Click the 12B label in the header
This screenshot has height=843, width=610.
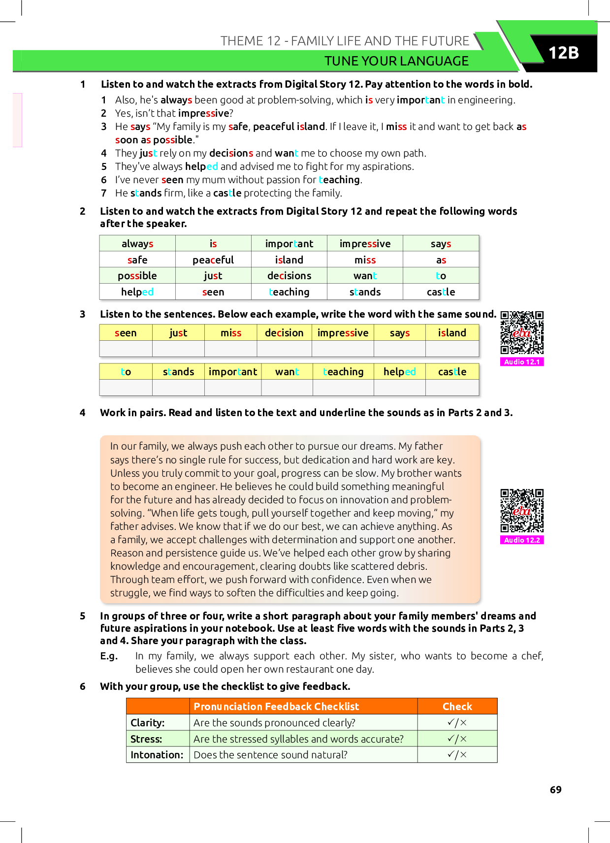[563, 53]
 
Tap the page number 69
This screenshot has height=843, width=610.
[555, 789]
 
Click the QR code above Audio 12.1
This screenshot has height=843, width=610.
[522, 333]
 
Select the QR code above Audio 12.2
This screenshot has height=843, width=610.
[522, 511]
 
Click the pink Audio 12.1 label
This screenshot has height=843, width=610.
[522, 362]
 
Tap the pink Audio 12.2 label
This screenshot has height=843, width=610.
[522, 540]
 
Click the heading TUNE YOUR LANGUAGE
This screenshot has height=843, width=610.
[397, 61]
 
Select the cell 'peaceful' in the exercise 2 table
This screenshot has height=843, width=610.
[213, 259]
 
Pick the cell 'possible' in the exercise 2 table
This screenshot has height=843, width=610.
[137, 275]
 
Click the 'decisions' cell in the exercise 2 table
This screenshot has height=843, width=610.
[289, 275]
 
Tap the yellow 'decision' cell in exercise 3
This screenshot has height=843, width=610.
[284, 333]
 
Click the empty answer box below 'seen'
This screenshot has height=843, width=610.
[126, 349]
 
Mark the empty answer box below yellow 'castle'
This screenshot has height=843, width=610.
[452, 387]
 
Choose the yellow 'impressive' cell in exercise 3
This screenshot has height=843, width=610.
[343, 333]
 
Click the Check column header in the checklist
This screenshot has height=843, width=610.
[457, 707]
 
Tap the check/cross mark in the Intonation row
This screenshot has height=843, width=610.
[457, 754]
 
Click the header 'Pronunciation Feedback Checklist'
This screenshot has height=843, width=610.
[276, 707]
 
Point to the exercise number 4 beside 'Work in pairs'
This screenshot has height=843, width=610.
[82, 413]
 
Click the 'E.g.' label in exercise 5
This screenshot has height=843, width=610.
[109, 656]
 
